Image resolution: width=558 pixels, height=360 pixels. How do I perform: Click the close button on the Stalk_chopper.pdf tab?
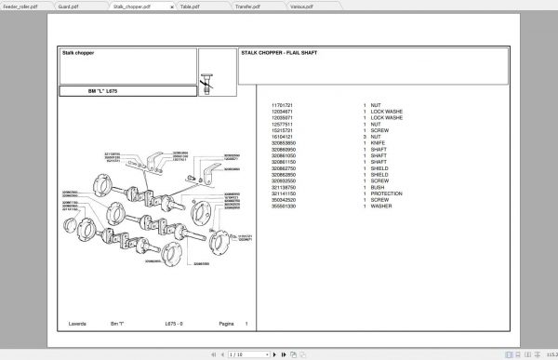click(x=170, y=6)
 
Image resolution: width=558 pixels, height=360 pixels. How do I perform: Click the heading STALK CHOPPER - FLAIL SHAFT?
click(x=278, y=53)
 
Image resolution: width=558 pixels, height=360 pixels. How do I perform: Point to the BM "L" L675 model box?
click(x=103, y=91)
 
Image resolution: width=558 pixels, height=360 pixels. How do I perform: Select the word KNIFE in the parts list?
click(x=379, y=141)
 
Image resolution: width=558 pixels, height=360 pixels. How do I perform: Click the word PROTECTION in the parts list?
click(x=387, y=193)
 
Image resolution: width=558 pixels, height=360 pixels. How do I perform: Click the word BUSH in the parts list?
click(x=378, y=187)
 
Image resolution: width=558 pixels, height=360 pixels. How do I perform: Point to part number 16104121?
click(x=282, y=136)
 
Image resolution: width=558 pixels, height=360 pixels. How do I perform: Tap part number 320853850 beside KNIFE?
click(x=283, y=141)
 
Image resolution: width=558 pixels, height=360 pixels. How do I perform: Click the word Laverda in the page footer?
click(x=77, y=324)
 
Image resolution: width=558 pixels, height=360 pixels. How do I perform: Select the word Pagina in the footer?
click(x=226, y=324)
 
